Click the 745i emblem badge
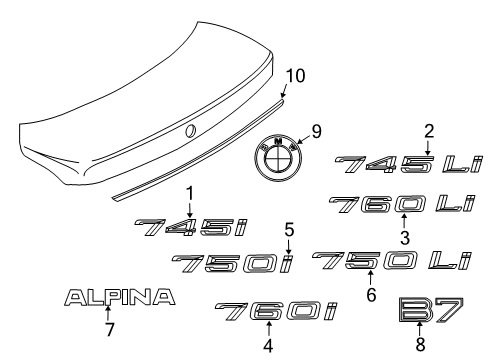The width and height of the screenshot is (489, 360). (x=191, y=229)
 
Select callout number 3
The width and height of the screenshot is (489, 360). (x=405, y=238)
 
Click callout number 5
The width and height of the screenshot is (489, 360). (x=288, y=228)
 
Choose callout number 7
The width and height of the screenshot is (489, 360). (x=108, y=331)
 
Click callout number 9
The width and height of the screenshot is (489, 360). (x=318, y=129)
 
